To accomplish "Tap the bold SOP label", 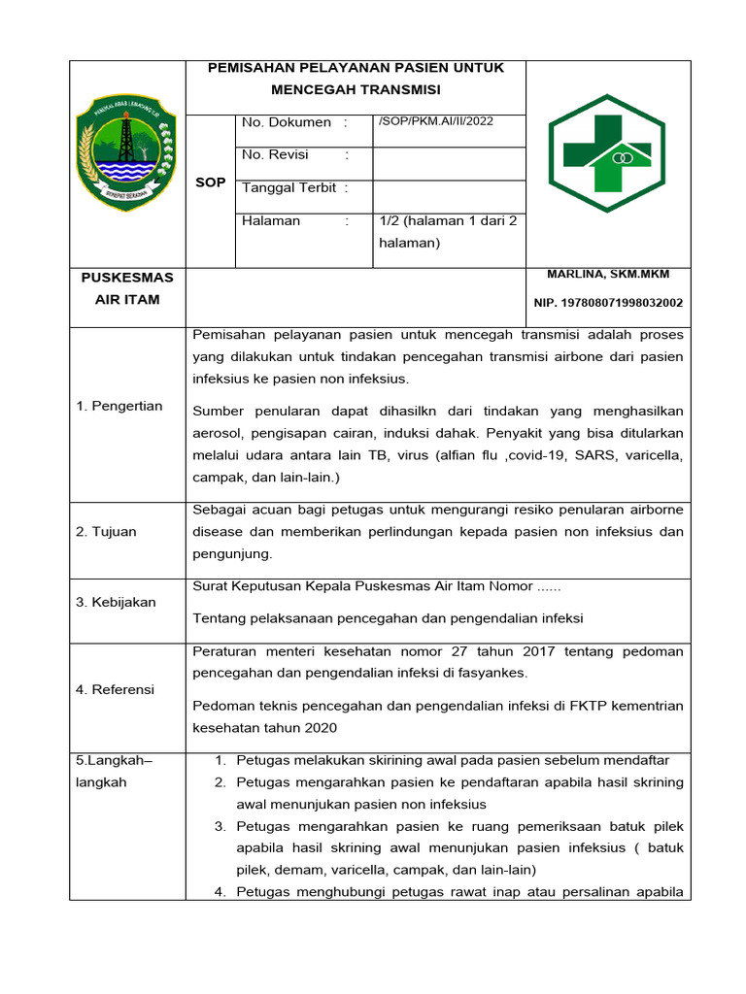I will tap(210, 182).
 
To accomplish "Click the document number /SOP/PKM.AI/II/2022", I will tap(435, 121).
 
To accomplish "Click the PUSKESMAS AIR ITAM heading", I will tap(127, 288).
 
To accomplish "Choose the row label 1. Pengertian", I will tap(119, 406).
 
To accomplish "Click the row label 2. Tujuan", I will tap(107, 531).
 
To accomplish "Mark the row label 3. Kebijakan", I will tap(116, 602).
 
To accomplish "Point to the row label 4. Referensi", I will tap(116, 689).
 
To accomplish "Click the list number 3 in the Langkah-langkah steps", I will tap(220, 826).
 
